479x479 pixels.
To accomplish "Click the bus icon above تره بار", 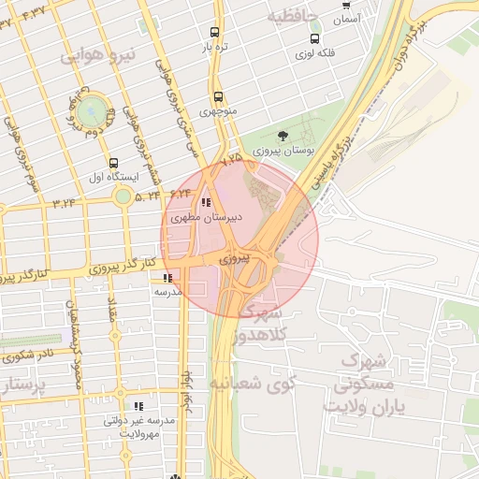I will (x=216, y=31).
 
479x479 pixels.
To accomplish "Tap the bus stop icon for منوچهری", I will (x=218, y=96).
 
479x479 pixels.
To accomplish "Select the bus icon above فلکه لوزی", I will (x=313, y=39).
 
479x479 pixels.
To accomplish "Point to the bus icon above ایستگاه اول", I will (x=114, y=162).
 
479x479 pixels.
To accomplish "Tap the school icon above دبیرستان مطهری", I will (x=206, y=202).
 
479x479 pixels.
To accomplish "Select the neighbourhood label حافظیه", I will (x=291, y=17).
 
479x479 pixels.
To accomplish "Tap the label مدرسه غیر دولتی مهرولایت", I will (x=140, y=428).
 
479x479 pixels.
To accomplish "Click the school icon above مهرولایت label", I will (x=138, y=407).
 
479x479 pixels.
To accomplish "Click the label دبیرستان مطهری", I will (x=207, y=217).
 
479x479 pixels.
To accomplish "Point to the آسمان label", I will (x=345, y=18).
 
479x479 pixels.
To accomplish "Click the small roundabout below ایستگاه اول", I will (x=123, y=196).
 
